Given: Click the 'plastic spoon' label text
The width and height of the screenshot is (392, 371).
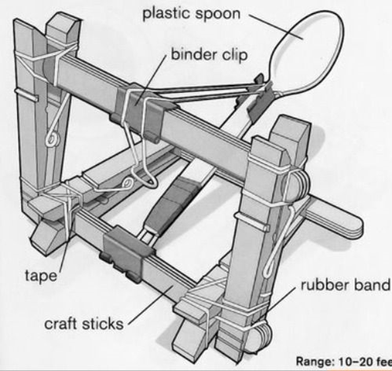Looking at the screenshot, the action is pos(192,13).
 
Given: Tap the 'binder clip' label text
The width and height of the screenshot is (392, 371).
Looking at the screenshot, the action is pos(209,54).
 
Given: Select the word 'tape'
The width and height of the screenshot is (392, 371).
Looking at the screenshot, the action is pos(41,275).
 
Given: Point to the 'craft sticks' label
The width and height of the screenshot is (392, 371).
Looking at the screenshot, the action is pos(84,324).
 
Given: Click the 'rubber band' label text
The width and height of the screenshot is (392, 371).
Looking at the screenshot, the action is pos(346,285).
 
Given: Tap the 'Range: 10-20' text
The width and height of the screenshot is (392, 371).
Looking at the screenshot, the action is pos(335,362).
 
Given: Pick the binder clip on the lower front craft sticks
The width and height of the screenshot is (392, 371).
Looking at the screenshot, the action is pos(126,253).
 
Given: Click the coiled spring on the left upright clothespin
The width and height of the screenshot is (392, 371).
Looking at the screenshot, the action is pos(53,139).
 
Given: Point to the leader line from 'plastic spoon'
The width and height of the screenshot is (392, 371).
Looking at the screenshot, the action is pos(277,27).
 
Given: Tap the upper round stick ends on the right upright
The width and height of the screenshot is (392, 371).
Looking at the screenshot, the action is pos(296,185).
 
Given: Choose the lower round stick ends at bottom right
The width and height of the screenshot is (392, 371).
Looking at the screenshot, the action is pos(259,336).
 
